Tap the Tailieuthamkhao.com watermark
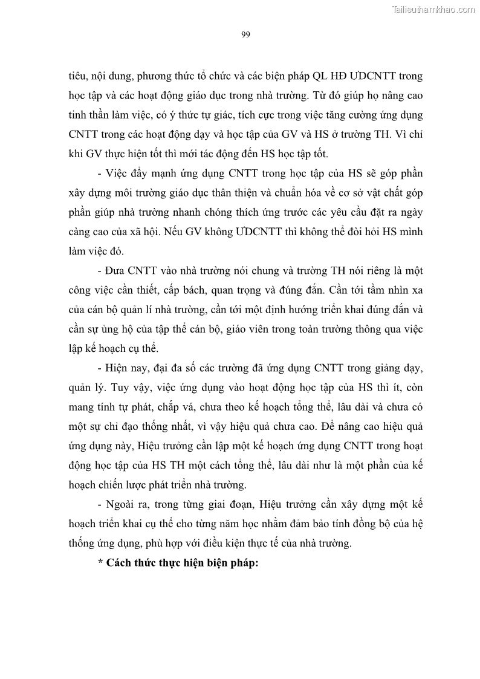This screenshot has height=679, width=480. [433, 9]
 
